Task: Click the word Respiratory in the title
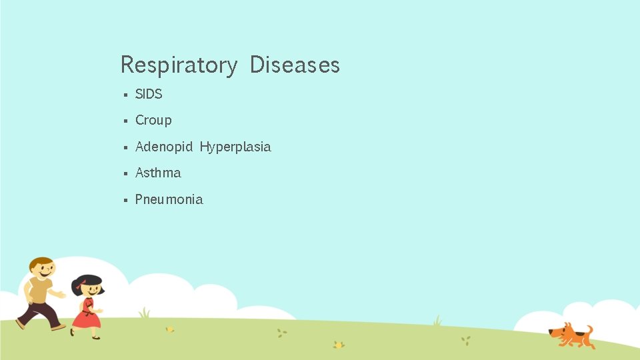click(x=178, y=65)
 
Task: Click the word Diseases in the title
click(x=295, y=65)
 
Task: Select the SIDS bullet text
click(x=149, y=94)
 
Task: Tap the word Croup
click(x=153, y=120)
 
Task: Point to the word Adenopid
click(x=163, y=147)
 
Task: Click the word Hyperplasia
click(x=235, y=147)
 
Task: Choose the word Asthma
click(x=158, y=173)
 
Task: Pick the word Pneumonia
click(x=169, y=199)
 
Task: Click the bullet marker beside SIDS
click(x=125, y=95)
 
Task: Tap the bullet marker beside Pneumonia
click(x=125, y=200)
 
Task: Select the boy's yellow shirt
click(x=39, y=291)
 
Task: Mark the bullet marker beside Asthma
click(x=125, y=173)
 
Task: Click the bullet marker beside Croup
click(x=125, y=121)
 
